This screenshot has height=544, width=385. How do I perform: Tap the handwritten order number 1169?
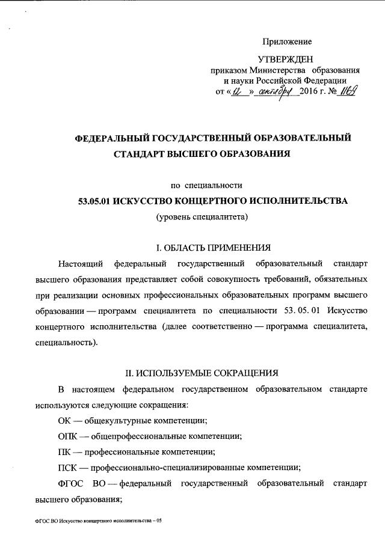coord(349,92)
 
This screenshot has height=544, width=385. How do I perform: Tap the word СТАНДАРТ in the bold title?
coord(142,154)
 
